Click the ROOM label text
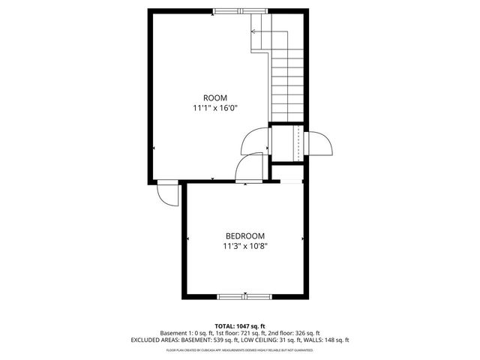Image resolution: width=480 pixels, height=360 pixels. click(x=215, y=98)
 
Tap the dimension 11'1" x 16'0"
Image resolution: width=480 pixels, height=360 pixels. click(x=215, y=108)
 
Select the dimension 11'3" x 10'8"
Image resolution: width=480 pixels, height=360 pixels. click(x=245, y=245)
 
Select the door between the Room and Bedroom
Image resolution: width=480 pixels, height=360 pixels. click(x=247, y=170)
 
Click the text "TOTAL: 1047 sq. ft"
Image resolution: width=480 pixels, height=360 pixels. click(x=239, y=326)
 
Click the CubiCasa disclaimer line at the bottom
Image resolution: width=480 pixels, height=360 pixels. click(x=239, y=349)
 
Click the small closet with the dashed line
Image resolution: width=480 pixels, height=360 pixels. click(x=289, y=142)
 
